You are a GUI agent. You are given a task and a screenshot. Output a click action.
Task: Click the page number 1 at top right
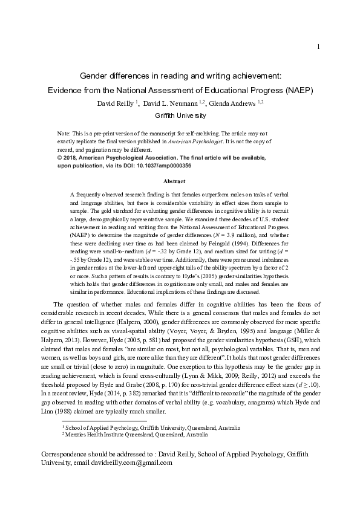click(318, 47)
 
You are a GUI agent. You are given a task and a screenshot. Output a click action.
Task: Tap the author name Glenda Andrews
click(232, 103)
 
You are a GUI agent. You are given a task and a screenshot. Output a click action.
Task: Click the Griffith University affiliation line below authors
click(180, 115)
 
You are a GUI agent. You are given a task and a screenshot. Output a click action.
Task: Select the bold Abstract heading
click(180, 181)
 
